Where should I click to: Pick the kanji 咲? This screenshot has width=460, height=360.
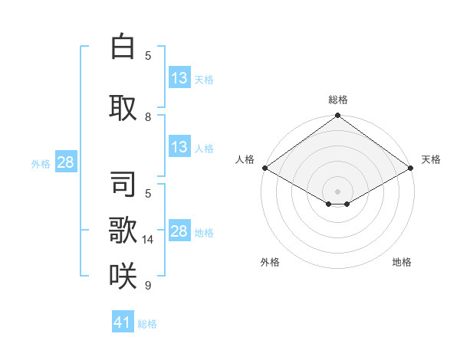[x=123, y=276]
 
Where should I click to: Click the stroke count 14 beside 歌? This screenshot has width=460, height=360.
[x=148, y=240]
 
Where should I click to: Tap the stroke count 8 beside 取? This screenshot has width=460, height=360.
[x=148, y=117]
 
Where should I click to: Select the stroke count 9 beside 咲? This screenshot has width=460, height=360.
[x=148, y=286]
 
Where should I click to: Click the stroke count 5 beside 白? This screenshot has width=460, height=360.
[x=148, y=55]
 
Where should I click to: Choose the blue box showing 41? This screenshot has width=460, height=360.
[x=123, y=322]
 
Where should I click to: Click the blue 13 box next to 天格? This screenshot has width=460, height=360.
[x=179, y=77]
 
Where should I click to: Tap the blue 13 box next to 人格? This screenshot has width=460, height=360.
[x=179, y=147]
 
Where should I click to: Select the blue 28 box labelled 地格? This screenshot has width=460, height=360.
[x=179, y=231]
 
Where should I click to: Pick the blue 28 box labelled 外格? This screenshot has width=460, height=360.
[x=65, y=162]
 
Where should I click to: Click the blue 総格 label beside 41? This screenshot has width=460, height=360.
[x=147, y=324]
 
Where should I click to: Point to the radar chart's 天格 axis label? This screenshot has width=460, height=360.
[x=431, y=159]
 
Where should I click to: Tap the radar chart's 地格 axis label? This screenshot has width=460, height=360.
[x=402, y=262]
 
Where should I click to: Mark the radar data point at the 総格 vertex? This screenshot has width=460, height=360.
[x=337, y=116]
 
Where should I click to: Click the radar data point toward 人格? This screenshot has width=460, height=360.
[x=264, y=167]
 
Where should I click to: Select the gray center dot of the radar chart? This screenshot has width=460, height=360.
[x=337, y=190]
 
